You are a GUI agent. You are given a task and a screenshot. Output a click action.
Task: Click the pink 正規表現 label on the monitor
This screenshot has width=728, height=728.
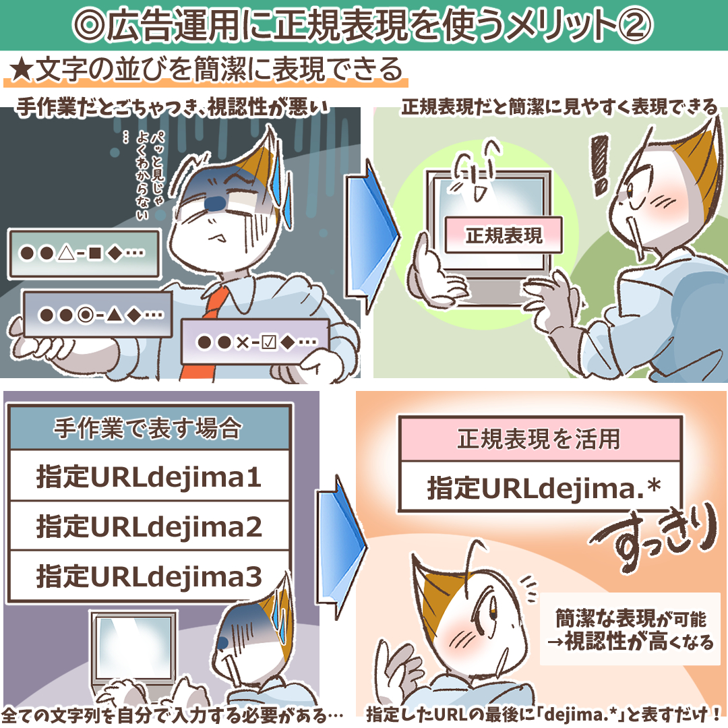pyautogui.click(x=504, y=235)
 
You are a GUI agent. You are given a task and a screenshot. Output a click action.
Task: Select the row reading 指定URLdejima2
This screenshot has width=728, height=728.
pyautogui.click(x=149, y=526)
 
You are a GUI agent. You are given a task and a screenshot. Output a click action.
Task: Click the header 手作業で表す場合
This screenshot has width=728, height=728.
pyautogui.click(x=149, y=428)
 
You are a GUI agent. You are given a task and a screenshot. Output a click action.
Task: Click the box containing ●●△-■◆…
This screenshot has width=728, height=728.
pyautogui.click(x=84, y=253)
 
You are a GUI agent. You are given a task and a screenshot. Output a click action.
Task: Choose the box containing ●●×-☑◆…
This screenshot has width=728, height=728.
pyautogui.click(x=255, y=342)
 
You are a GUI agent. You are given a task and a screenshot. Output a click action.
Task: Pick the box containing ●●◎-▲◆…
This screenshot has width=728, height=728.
pyautogui.click(x=96, y=313)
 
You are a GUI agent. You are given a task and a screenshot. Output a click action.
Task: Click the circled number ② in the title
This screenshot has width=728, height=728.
pyautogui.click(x=634, y=25)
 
